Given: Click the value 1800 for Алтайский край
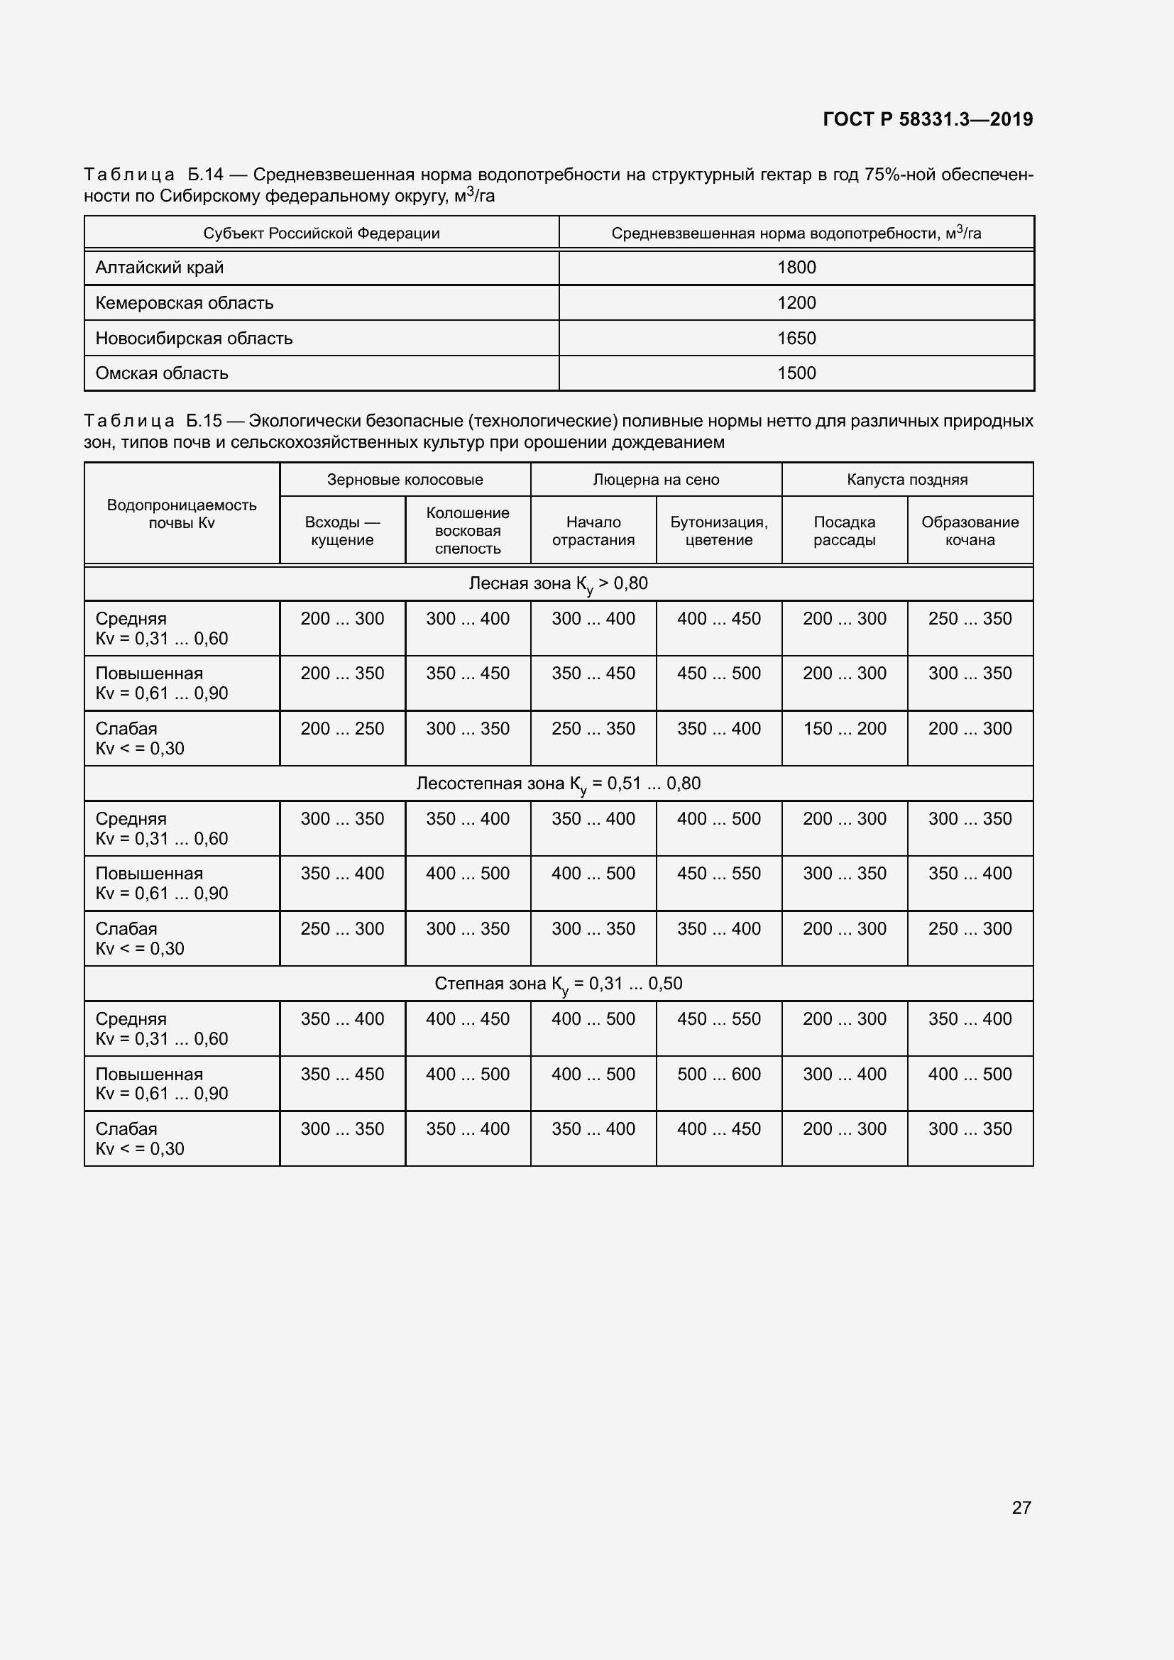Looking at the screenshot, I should tap(796, 268).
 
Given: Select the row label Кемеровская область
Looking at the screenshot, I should tap(185, 303).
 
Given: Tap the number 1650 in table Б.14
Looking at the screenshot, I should tap(796, 339).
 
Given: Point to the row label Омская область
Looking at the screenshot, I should tap(162, 373).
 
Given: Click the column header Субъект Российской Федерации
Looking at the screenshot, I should tap(321, 233).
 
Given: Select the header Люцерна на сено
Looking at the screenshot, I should tap(656, 479).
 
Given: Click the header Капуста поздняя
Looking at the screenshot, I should tap(906, 479).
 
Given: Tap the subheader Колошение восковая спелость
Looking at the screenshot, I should tap(468, 530).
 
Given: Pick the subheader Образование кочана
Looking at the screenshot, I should tap(970, 531).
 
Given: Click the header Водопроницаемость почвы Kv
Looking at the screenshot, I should tap(182, 513).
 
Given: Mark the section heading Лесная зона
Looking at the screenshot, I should tap(558, 583).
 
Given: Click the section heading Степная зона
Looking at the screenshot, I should tap(558, 984).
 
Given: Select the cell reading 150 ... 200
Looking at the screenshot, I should tap(844, 729).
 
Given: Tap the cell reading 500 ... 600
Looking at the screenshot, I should tap(718, 1074).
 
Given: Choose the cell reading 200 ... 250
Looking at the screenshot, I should tap(342, 729).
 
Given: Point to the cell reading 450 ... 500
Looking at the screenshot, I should tap(718, 674).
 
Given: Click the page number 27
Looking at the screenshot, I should tap(1021, 1507).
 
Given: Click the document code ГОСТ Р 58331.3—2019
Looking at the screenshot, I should tap(928, 119).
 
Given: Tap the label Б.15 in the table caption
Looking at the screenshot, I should tap(203, 421).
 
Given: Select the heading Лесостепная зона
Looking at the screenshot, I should tap(558, 784).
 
